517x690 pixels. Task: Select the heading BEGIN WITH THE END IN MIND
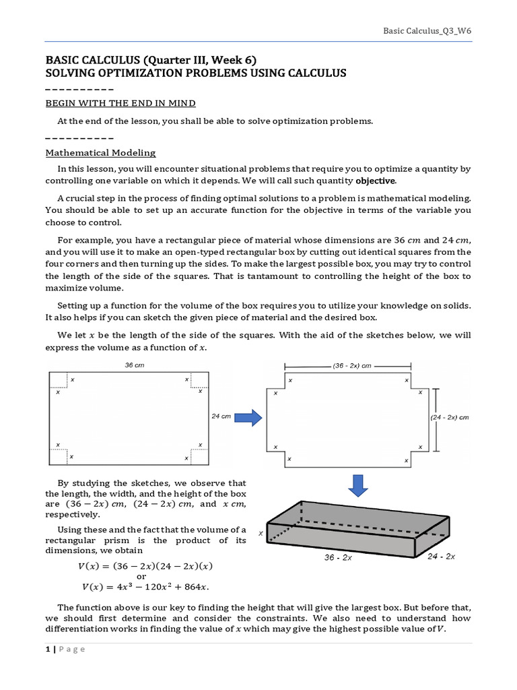pos(120,103)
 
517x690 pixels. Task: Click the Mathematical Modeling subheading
pos(100,153)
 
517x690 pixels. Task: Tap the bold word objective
pos(376,181)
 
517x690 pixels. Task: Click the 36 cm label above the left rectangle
pos(135,365)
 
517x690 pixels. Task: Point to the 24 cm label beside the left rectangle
pos(221,416)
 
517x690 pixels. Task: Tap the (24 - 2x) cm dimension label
pos(449,417)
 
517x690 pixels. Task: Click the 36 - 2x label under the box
pos(339,558)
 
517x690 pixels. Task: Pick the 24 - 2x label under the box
pos(441,556)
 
